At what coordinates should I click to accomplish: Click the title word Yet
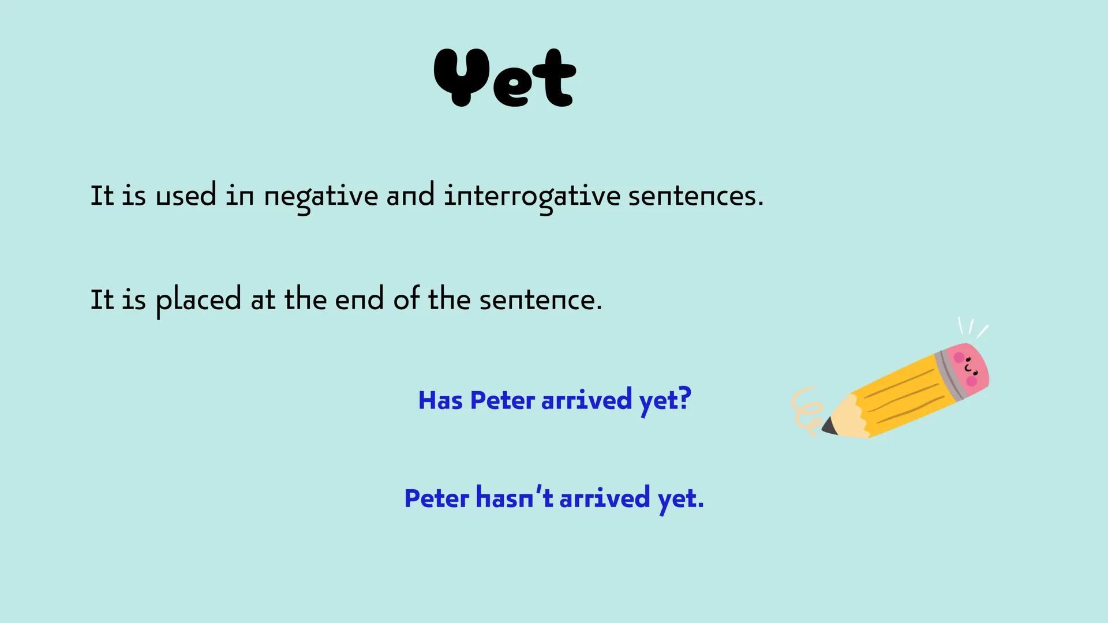(x=505, y=77)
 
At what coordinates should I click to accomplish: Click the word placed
(x=199, y=301)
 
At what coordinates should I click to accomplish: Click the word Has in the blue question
(x=440, y=400)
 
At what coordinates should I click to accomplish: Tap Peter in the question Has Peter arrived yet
(x=502, y=400)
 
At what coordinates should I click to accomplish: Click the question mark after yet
(x=684, y=399)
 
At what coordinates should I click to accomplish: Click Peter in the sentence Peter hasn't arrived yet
(x=436, y=498)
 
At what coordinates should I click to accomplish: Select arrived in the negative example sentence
(x=605, y=498)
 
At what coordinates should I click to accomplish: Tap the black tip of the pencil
(x=829, y=427)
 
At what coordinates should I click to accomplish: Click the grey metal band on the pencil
(x=950, y=375)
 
